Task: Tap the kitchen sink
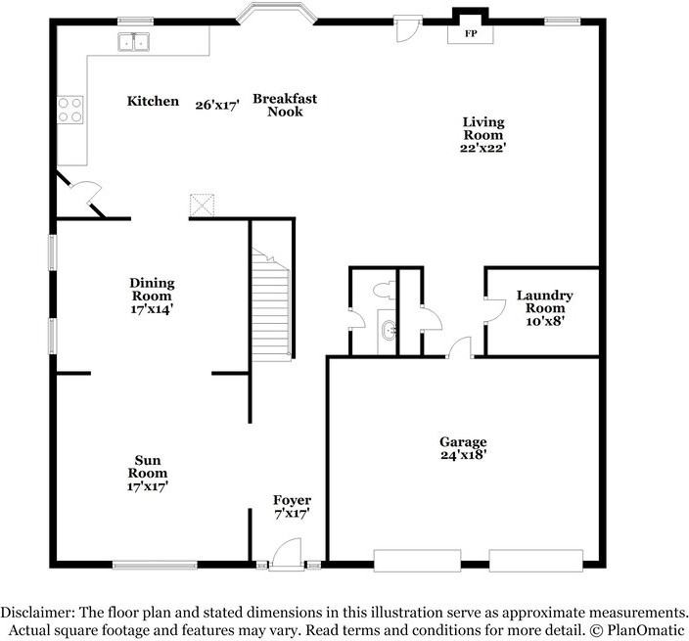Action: tap(134, 41)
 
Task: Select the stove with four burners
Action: tap(69, 109)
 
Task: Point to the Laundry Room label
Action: tap(545, 301)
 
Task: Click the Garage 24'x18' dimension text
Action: tap(463, 448)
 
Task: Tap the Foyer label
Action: tap(292, 507)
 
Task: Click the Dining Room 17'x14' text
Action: tap(152, 296)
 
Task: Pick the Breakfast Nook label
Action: tap(285, 105)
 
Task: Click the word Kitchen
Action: tap(153, 101)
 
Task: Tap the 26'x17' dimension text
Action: tap(217, 105)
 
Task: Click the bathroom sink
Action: tap(389, 330)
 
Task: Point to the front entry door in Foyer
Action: tap(286, 554)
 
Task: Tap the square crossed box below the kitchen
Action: tap(203, 205)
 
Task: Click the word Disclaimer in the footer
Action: tap(39, 610)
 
